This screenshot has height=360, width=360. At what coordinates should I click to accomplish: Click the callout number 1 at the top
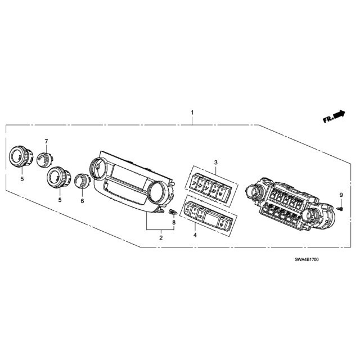tap(192, 112)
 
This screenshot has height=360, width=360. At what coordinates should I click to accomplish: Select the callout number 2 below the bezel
tap(161, 237)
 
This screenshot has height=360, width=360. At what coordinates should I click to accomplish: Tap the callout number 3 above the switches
tap(215, 163)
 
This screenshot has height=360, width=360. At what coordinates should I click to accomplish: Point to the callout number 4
tap(195, 235)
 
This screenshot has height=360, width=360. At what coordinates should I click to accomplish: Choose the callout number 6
tap(82, 201)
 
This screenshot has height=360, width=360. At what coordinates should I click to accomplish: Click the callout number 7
tap(46, 141)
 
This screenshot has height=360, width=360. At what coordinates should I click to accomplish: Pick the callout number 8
tap(174, 222)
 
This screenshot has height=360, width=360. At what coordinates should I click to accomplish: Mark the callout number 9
tap(341, 195)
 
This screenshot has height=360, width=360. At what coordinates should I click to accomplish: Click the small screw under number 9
tap(340, 209)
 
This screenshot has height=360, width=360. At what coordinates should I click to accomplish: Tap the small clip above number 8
tap(173, 211)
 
